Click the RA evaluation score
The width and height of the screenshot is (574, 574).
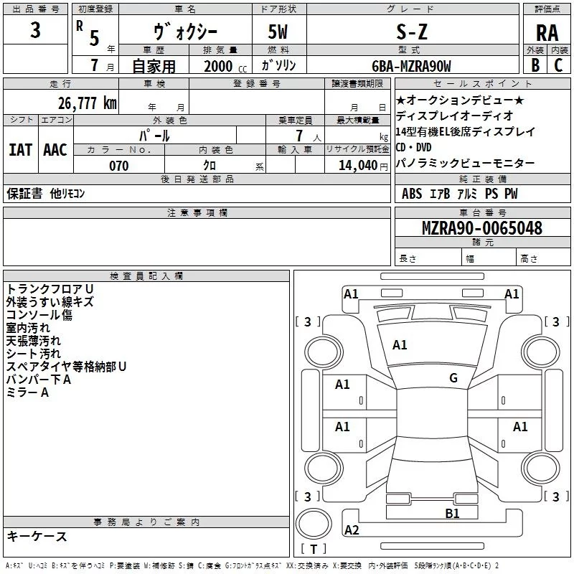pos(547,33)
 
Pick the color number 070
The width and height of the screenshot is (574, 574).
pos(118,166)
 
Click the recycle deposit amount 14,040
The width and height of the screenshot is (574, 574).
pos(357,166)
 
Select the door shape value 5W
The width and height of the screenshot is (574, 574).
pos(279,32)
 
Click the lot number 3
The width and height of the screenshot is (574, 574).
pos(35,32)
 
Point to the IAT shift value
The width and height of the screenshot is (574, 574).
pos(20,149)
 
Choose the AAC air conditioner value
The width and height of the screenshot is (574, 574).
pos(55,149)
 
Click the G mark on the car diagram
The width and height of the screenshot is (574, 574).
pos(453,378)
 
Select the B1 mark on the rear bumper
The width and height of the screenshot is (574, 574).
pos(452,513)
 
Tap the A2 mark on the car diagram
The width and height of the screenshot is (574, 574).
pos(352,530)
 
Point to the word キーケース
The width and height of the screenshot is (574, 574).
pos(37,536)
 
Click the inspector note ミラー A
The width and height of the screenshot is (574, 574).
pos(27,392)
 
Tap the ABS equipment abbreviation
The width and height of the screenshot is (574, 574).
pos(412,193)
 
